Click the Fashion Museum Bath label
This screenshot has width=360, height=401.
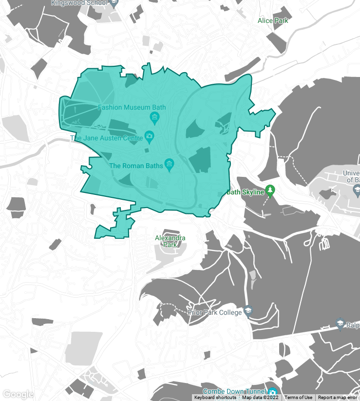coord(132,107)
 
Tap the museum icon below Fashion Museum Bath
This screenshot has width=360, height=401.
coord(155,117)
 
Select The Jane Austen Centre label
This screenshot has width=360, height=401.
coord(107,138)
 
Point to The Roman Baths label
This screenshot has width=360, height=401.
coord(133,166)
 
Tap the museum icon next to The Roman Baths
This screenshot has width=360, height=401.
coord(169,164)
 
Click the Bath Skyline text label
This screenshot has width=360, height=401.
coord(246,192)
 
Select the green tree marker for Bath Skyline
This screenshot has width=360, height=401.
coord(270,191)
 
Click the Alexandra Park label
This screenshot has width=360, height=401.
coord(170,241)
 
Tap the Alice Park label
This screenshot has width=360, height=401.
coord(273,20)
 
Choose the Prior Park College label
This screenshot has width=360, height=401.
coord(215,312)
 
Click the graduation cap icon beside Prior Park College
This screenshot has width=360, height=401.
coord(248,311)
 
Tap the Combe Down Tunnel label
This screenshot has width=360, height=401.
coord(234,391)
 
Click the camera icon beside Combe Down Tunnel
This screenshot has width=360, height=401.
coord(272,392)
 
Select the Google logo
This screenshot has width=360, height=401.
coord(18,394)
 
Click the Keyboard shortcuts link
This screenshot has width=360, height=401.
coord(215,398)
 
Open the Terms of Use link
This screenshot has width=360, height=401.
coord(298,398)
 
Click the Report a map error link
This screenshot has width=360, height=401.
coord(338,398)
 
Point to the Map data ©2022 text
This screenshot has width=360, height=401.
coord(260,398)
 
